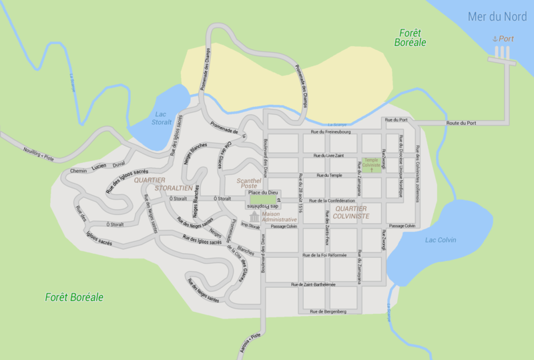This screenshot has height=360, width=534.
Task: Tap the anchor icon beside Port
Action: (495, 39)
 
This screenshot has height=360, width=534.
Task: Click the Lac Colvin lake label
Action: (440, 240)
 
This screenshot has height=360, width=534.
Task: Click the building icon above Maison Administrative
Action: (254, 218)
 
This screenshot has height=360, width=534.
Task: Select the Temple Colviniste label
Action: (372, 162)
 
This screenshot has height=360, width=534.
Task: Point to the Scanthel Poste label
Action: (249, 182)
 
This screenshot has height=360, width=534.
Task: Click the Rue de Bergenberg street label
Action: (328, 312)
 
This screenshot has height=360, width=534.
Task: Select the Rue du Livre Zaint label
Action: (325, 155)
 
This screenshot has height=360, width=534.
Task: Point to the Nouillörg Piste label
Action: (37, 154)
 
